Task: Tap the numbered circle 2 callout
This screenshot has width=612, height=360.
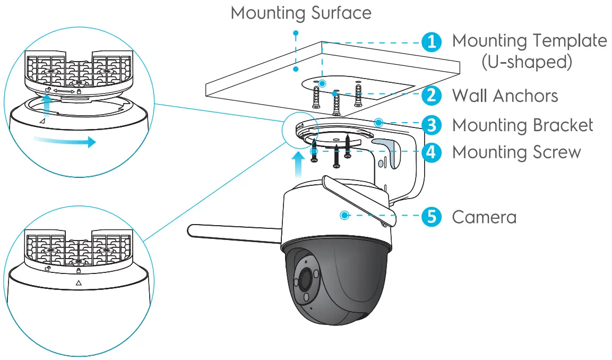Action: coord(432,96)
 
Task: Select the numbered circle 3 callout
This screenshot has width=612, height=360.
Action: coord(432,125)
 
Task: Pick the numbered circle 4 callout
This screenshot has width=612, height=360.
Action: coord(432,152)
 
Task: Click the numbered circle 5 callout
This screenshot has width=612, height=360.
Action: coord(432,217)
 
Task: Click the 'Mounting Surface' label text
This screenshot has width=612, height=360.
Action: coord(301,13)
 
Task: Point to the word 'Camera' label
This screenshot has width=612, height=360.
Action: coord(484,217)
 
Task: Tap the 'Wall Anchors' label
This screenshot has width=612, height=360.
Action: coord(504,96)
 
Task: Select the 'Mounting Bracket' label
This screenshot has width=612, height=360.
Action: coord(522,125)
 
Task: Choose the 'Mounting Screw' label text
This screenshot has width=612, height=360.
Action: coord(516,152)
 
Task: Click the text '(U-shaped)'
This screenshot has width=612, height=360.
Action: coord(527,62)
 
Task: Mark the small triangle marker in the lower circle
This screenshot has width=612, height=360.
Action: coord(79,283)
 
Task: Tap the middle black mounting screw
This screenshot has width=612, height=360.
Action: coord(335,157)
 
